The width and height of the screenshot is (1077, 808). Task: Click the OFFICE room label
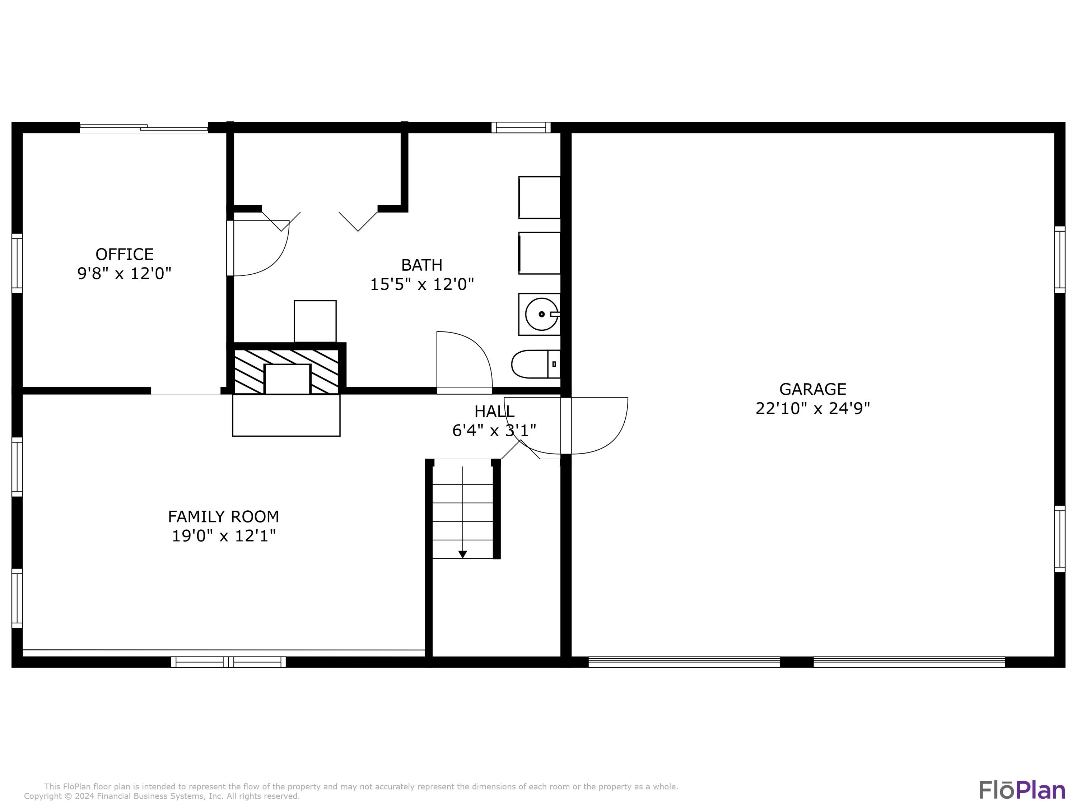coord(124,254)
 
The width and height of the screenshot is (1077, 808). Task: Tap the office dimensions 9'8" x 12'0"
coord(124,274)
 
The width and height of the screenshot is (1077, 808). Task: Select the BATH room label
coord(422,265)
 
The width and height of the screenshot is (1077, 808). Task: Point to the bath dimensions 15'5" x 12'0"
coord(422,284)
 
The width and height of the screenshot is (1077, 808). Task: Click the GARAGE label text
coord(813,389)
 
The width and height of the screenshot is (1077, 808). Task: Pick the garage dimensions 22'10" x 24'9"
coord(813,408)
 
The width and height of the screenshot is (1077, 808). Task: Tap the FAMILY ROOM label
coord(224,517)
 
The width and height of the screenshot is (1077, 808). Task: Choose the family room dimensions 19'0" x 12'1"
coord(224,536)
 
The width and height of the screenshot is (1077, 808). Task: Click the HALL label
coord(494,412)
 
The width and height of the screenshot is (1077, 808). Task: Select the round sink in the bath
coord(541,314)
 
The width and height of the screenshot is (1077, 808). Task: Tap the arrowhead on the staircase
coord(462,554)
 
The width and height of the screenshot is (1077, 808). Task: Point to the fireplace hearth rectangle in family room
coord(286,415)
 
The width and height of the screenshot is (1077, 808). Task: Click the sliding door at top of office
coord(144,127)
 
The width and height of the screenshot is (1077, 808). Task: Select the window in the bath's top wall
coord(521,127)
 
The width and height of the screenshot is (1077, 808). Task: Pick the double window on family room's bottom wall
coord(228,662)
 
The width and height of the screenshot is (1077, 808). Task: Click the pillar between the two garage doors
coord(797,662)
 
